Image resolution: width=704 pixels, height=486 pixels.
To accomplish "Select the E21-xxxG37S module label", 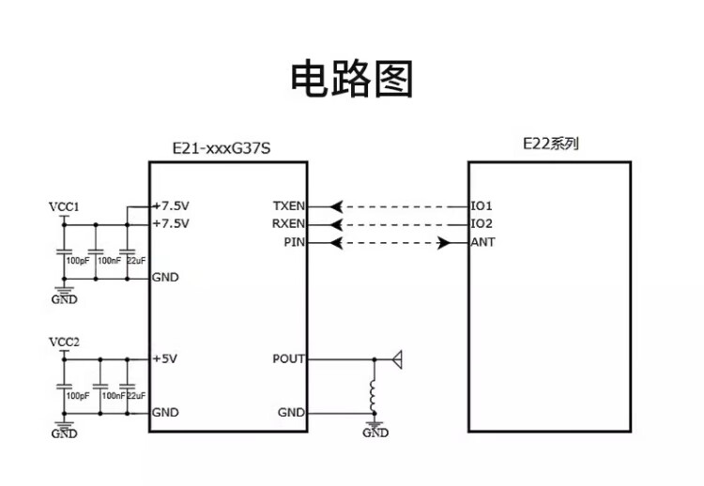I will click(228, 148).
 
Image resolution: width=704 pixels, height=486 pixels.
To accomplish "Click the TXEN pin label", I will click(288, 205).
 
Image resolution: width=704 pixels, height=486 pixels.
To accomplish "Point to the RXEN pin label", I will click(288, 224).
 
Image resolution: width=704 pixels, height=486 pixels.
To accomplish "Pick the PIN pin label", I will click(294, 242).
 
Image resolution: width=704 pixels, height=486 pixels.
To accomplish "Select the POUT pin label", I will click(288, 358).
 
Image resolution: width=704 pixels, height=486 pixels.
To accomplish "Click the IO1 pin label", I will click(482, 205).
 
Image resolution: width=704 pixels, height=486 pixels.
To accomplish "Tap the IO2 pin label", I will click(482, 224).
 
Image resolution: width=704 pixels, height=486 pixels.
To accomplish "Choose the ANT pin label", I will click(483, 242).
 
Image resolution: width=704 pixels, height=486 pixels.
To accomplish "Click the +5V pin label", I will click(165, 358).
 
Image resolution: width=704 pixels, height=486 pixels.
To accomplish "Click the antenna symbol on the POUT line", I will click(397, 357).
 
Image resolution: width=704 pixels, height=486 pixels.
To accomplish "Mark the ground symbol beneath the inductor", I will click(375, 429).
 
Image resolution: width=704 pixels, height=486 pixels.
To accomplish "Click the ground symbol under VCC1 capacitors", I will click(64, 296).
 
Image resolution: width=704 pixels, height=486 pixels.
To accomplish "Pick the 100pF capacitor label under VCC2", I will click(78, 396).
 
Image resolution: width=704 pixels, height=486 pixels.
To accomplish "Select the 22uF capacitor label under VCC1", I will click(135, 260).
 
